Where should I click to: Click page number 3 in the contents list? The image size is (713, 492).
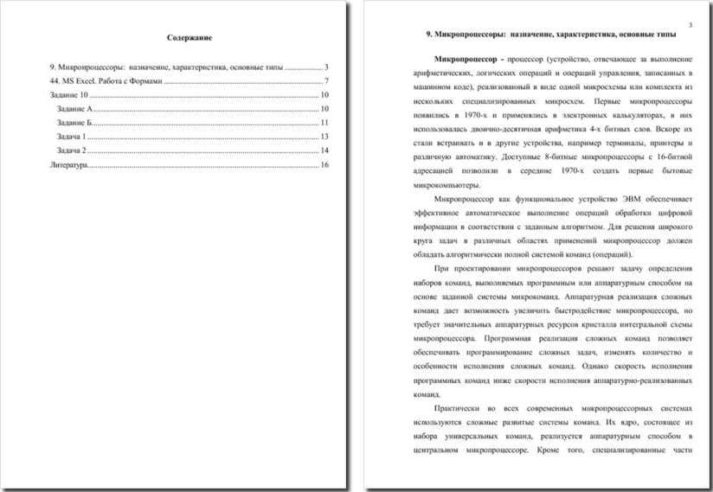326,67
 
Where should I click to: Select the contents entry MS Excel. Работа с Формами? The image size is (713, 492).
106,80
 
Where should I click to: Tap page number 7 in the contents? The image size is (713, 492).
326,80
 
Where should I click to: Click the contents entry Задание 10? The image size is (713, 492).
69,94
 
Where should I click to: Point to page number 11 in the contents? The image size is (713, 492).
324,122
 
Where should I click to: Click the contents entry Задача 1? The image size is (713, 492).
72,136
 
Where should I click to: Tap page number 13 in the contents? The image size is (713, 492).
324,136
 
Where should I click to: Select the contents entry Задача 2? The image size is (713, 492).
72,150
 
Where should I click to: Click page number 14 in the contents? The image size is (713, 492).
324,150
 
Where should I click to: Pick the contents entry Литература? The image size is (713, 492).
69,163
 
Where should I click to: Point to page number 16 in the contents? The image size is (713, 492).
324,163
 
